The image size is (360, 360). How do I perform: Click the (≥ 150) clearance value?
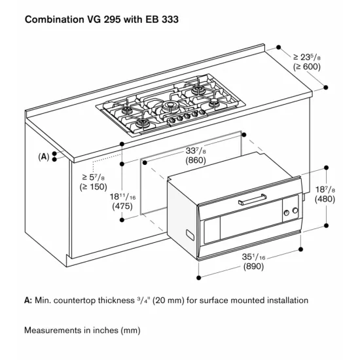pyautogui.click(x=94, y=187)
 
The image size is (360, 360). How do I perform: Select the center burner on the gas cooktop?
pyautogui.click(x=171, y=105)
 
